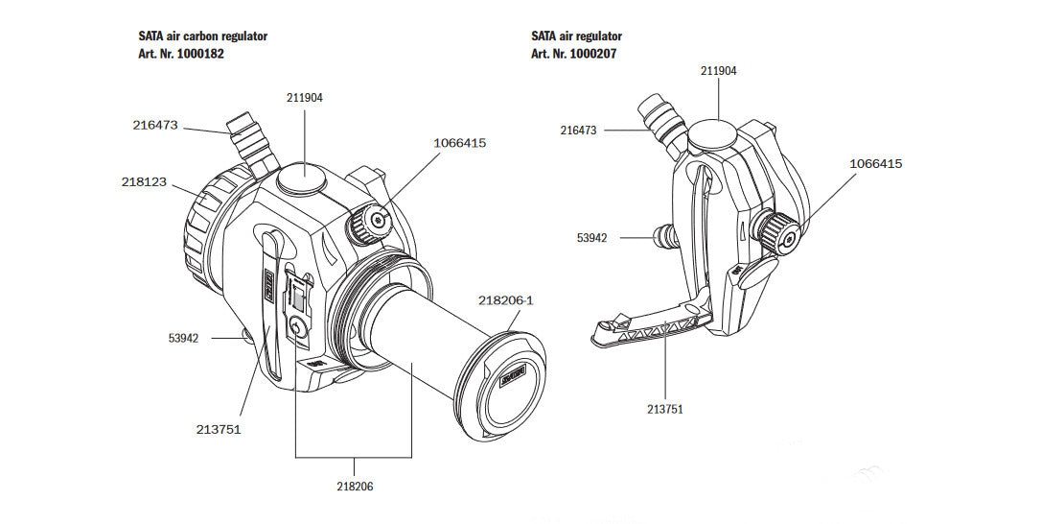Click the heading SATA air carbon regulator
point(203,36)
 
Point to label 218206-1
point(505,300)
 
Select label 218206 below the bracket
point(355,487)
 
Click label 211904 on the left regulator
point(305,97)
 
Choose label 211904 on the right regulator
point(718,71)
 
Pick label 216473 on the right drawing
point(579,130)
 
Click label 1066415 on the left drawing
point(460,143)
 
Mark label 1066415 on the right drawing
point(875,163)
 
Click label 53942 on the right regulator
point(591,236)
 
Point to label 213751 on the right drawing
point(665,409)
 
